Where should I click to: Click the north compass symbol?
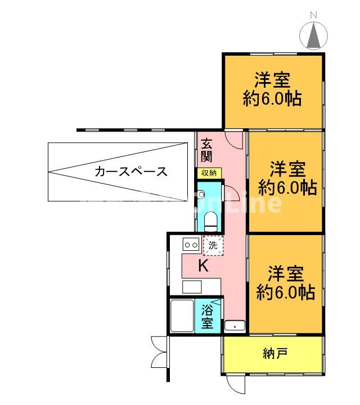pyautogui.click(x=313, y=35)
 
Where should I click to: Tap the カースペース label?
pyautogui.click(x=131, y=172)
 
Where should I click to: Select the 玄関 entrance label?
pyautogui.click(x=206, y=150)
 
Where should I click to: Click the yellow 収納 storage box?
pyautogui.click(x=209, y=173)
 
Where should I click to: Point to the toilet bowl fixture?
pyautogui.click(x=211, y=220)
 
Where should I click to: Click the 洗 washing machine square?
pyautogui.click(x=213, y=245)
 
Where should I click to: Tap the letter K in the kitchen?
pyautogui.click(x=203, y=266)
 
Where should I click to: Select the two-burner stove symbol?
pyautogui.click(x=190, y=245)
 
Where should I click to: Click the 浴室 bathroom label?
pyautogui.click(x=208, y=316)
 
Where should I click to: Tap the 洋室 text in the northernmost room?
pyautogui.click(x=272, y=79)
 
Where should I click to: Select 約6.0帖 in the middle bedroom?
pyautogui.click(x=287, y=187)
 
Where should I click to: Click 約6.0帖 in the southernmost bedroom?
pyautogui.click(x=286, y=292)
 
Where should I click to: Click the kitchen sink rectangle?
pyautogui.click(x=191, y=286)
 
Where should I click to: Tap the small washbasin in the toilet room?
pyautogui.click(x=201, y=192)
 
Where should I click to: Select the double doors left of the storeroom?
pyautogui.click(x=157, y=351)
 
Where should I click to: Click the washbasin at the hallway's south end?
pyautogui.click(x=234, y=326)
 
